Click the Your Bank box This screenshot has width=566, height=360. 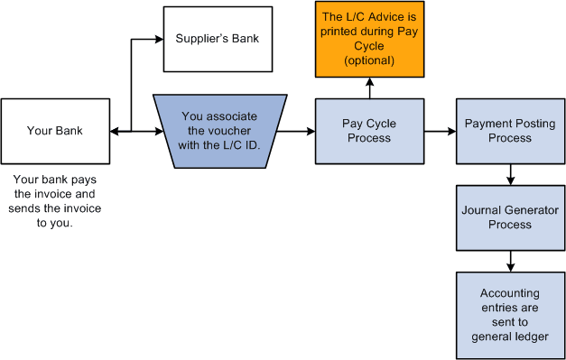[x=55, y=131]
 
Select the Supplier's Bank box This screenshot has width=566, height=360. [x=217, y=40]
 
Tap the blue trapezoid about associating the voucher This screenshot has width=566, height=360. [x=219, y=131]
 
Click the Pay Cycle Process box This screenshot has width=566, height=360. [x=368, y=131]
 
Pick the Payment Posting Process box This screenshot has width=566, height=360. [x=510, y=131]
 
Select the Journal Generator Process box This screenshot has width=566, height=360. [x=510, y=217]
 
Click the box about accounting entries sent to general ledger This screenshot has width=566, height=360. [x=510, y=315]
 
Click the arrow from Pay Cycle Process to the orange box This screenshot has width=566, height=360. [x=368, y=88]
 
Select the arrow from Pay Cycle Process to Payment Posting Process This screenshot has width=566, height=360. [x=440, y=132]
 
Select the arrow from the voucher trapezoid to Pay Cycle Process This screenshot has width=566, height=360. [x=297, y=132]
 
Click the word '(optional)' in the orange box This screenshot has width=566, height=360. [x=368, y=60]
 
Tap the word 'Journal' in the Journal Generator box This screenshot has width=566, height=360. [x=480, y=210]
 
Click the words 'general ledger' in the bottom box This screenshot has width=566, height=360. [x=510, y=337]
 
